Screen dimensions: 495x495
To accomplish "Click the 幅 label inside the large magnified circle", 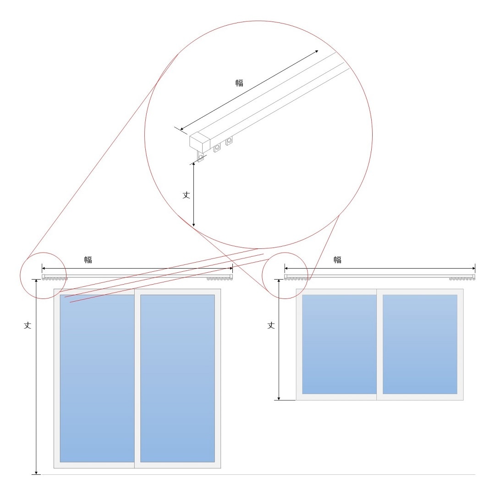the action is pyautogui.click(x=239, y=83).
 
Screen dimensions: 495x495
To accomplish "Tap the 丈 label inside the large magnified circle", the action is pyautogui.click(x=186, y=195).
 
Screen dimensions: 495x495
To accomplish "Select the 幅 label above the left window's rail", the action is pyautogui.click(x=88, y=260).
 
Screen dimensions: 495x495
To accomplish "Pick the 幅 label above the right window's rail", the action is pyautogui.click(x=337, y=260).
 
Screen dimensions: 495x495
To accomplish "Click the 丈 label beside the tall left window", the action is pyautogui.click(x=27, y=325).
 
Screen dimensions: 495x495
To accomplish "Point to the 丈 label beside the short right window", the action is pyautogui.click(x=271, y=325).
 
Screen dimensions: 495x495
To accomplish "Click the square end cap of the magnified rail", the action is pyautogui.click(x=200, y=143).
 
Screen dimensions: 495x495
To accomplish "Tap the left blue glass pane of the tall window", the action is pyautogui.click(x=97, y=379).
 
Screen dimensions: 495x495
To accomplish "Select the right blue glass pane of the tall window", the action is pyautogui.click(x=177, y=379).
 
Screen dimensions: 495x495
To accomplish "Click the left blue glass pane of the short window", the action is pyautogui.click(x=339, y=344).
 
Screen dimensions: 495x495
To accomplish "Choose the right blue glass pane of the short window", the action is pyautogui.click(x=420, y=344).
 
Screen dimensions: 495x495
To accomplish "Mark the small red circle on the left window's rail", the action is pyautogui.click(x=43, y=253).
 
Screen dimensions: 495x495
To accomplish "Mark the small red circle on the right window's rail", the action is pyautogui.click(x=285, y=253).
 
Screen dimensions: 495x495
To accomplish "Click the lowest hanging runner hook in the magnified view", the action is pyautogui.click(x=200, y=157).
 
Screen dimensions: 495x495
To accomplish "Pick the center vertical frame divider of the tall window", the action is pyautogui.click(x=137, y=379).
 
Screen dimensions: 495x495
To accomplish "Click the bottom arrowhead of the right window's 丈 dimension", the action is pyautogui.click(x=279, y=398).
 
